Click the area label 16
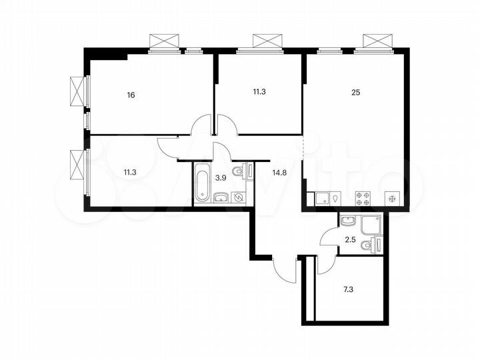tap(131, 95)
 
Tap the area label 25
tap(355, 93)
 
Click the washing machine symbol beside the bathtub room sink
tap(238, 197)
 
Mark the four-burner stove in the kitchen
tap(363, 198)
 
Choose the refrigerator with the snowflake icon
tap(392, 198)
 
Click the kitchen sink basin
tap(319, 198)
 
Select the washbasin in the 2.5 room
tap(346, 219)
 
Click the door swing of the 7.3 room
tap(325, 264)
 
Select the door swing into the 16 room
tap(201, 125)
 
